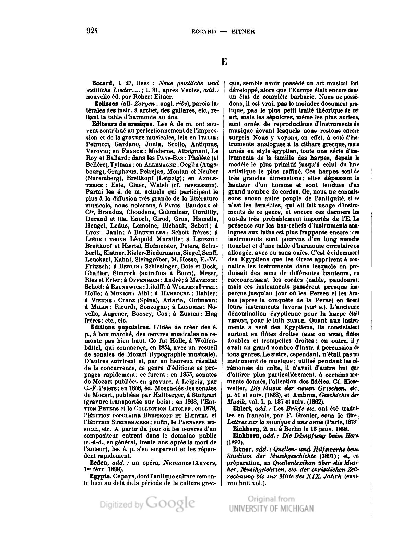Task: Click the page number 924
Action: [92, 31]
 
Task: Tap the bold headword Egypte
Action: [99, 477]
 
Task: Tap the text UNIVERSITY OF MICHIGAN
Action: [271, 508]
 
